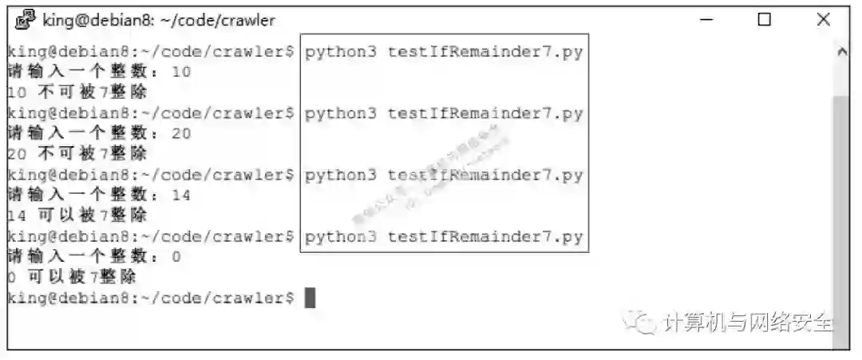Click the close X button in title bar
click(x=823, y=19)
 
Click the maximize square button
click(x=764, y=19)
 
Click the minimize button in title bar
click(x=705, y=19)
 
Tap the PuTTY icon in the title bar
click(x=25, y=19)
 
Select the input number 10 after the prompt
click(x=181, y=72)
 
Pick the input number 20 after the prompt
click(x=181, y=133)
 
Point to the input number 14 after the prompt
click(x=181, y=195)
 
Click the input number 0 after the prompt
click(x=176, y=256)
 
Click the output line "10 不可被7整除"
click(x=77, y=93)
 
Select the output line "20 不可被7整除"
click(x=77, y=154)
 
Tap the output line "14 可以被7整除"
click(x=77, y=216)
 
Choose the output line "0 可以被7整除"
click(x=71, y=277)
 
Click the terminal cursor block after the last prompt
click(x=310, y=298)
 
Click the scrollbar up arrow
click(x=840, y=51)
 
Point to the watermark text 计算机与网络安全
click(x=747, y=322)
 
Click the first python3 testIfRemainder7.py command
click(x=444, y=52)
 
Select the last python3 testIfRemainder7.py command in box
click(x=444, y=237)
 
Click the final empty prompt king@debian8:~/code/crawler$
click(x=150, y=298)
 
